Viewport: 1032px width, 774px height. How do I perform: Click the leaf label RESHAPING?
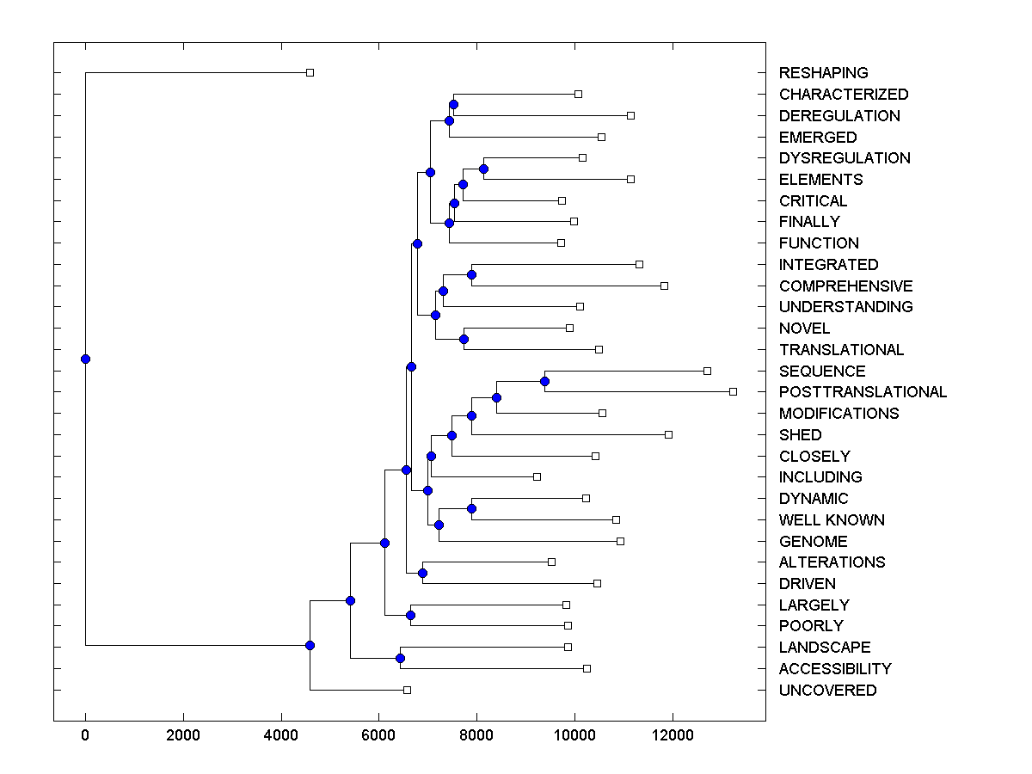[x=823, y=73]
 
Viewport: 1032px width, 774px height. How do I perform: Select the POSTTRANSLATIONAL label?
[x=863, y=392]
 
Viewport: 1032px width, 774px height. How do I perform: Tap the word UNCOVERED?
[x=827, y=691]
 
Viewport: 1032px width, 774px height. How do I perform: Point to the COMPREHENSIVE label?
[x=845, y=286]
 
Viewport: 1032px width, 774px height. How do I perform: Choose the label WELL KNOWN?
[x=831, y=520]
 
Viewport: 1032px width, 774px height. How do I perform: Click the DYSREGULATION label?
[x=844, y=158]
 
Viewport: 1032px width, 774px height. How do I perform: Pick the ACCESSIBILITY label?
[x=834, y=669]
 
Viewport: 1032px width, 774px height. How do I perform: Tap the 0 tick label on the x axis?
[x=85, y=734]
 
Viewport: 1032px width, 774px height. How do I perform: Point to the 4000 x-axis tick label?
[x=281, y=734]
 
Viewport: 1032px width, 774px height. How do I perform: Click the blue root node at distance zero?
[x=85, y=359]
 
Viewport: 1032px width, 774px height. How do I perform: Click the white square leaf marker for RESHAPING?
[x=310, y=72]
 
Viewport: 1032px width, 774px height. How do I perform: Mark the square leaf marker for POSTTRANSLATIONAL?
[x=733, y=391]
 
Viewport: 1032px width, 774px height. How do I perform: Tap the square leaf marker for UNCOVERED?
[x=408, y=690]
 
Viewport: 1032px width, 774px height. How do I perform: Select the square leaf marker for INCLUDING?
[x=537, y=476]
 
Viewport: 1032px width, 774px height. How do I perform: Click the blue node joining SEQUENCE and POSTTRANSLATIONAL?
[x=544, y=381]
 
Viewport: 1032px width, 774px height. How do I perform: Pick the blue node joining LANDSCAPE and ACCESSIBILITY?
[x=400, y=658]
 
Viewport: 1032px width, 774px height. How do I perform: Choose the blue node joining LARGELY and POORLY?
[x=410, y=615]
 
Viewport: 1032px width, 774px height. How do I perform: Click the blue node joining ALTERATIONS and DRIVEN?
[x=422, y=573]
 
